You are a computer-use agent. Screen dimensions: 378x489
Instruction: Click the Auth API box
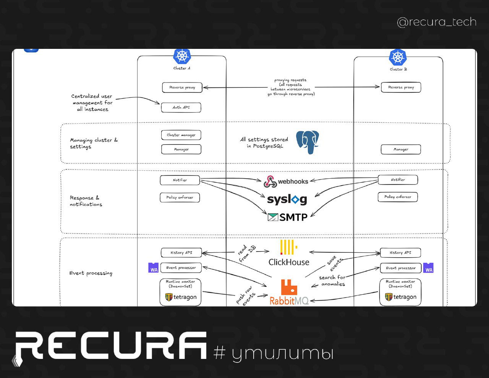(x=181, y=108)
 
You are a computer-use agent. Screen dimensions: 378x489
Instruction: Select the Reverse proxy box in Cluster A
(x=182, y=87)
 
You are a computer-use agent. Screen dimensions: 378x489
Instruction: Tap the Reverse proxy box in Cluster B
(x=401, y=87)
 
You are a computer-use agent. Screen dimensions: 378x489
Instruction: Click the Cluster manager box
(x=181, y=135)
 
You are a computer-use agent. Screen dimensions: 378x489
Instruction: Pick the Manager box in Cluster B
(x=401, y=150)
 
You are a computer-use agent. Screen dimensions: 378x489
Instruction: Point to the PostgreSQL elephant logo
(x=308, y=142)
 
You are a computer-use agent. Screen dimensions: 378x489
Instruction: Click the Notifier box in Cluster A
(x=180, y=180)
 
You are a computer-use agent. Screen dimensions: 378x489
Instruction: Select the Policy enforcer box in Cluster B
(x=398, y=197)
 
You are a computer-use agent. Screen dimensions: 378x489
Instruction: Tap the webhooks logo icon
(x=270, y=182)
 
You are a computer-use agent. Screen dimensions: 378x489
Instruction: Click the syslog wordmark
(x=287, y=199)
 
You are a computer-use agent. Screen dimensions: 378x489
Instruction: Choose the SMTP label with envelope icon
(x=288, y=218)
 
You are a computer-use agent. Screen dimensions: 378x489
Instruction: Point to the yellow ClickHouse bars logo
(x=288, y=247)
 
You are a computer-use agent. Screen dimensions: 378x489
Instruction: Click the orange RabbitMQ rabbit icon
(x=289, y=287)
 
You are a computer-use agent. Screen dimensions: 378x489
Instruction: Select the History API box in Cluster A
(x=181, y=253)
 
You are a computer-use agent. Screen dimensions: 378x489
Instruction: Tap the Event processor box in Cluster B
(x=400, y=268)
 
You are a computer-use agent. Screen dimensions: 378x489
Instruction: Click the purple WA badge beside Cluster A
(x=154, y=268)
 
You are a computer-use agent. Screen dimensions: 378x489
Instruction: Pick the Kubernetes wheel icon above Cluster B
(x=398, y=58)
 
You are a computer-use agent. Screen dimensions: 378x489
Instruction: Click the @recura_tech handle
(x=437, y=22)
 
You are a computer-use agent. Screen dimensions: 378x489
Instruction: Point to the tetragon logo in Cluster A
(x=181, y=297)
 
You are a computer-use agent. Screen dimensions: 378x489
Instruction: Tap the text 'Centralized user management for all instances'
(x=92, y=103)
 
